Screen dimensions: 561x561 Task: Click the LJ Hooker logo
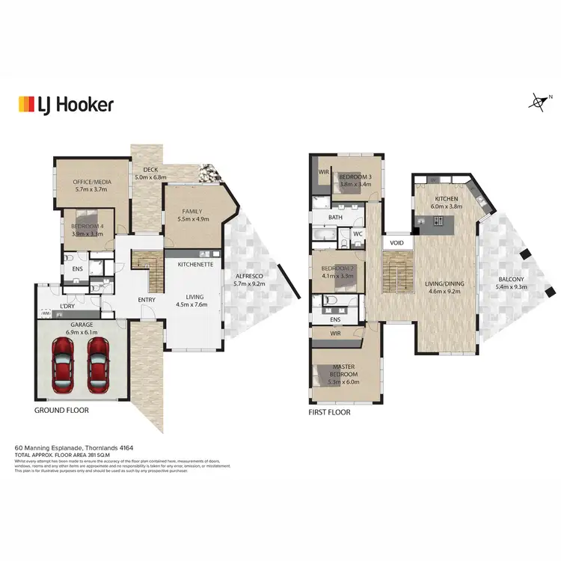pos(65,104)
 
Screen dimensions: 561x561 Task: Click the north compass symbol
pos(536,102)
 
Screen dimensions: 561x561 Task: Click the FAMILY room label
pos(191,212)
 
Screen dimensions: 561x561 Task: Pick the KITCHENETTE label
pos(197,265)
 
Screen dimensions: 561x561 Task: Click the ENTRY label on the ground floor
pos(147,300)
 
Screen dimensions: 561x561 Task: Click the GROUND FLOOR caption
pos(62,411)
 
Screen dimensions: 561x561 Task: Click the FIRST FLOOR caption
pos(329,412)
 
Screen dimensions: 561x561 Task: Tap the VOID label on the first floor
pos(396,243)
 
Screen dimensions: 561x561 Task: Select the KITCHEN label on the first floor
pos(448,199)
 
